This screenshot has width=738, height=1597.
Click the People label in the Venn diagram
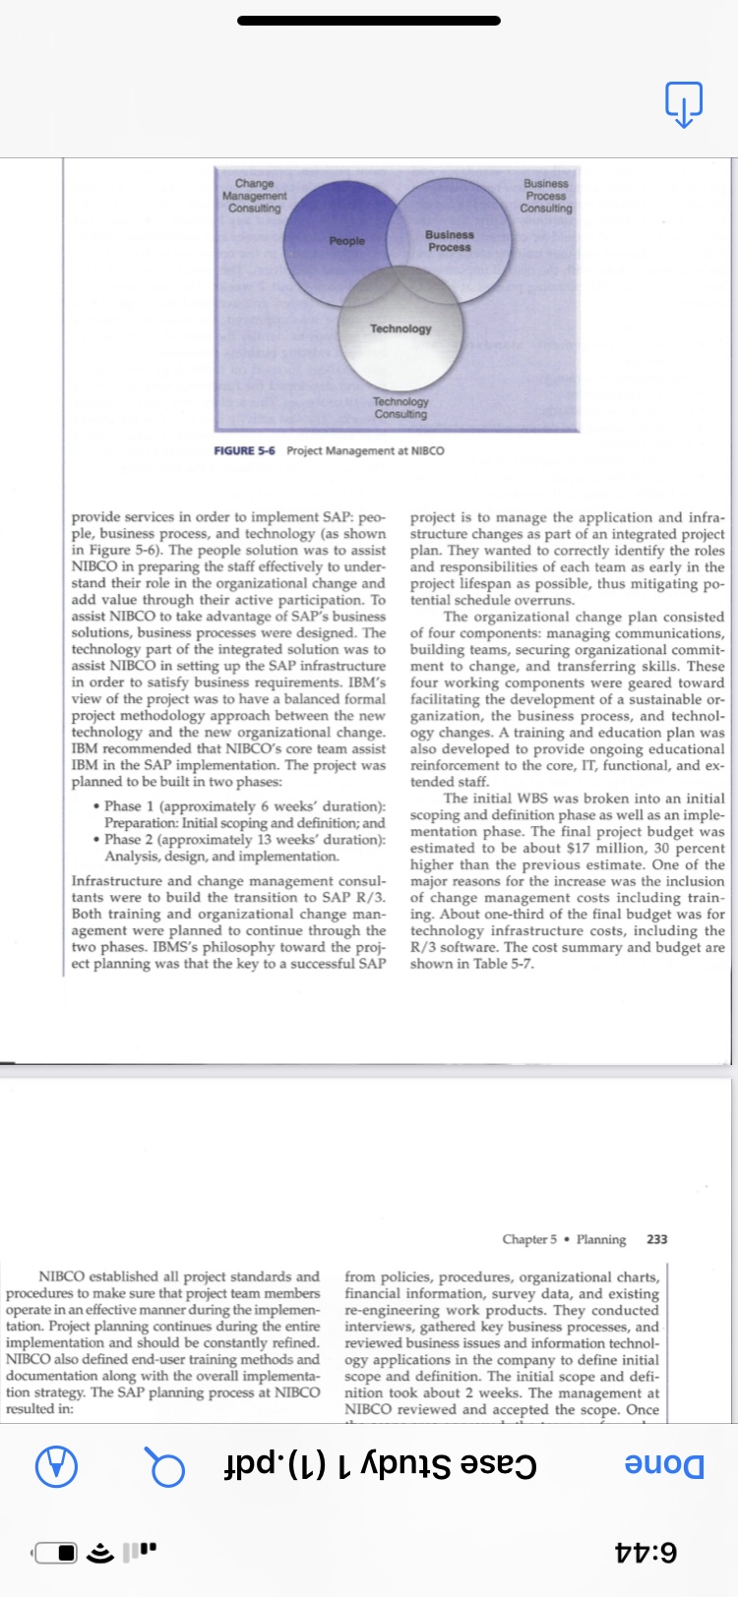pyautogui.click(x=346, y=241)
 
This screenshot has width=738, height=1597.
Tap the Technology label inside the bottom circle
pyautogui.click(x=400, y=328)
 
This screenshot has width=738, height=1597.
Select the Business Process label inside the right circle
pyautogui.click(x=450, y=241)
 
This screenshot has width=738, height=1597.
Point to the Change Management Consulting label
pyautogui.click(x=255, y=196)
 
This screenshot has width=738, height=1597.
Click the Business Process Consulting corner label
pyautogui.click(x=546, y=196)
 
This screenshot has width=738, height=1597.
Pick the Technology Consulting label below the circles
pyautogui.click(x=400, y=408)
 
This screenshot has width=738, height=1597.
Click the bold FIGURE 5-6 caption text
pyautogui.click(x=245, y=450)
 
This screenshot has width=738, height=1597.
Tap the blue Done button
pyautogui.click(x=665, y=1465)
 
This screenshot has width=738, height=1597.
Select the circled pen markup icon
pyautogui.click(x=56, y=1466)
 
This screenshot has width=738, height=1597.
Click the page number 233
pyautogui.click(x=656, y=1239)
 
